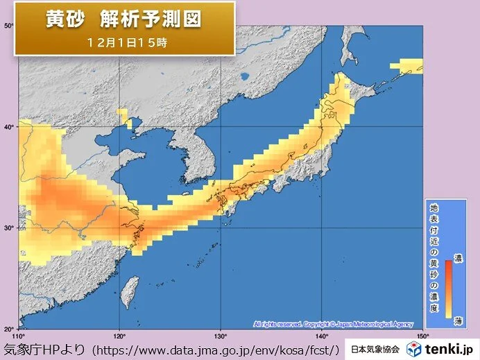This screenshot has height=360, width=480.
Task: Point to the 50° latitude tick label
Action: point(10,26)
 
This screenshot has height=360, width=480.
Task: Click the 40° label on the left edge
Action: point(10,127)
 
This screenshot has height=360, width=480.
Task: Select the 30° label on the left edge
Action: point(10,228)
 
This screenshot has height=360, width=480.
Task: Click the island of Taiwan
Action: point(129,292)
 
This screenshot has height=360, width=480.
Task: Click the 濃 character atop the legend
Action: point(458,258)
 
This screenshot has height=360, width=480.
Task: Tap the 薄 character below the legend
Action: point(458,320)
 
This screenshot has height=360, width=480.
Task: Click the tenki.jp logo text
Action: point(450,349)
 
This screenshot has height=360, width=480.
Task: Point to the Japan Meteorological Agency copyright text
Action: point(332,324)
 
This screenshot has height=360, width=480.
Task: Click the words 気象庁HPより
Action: point(45,349)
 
